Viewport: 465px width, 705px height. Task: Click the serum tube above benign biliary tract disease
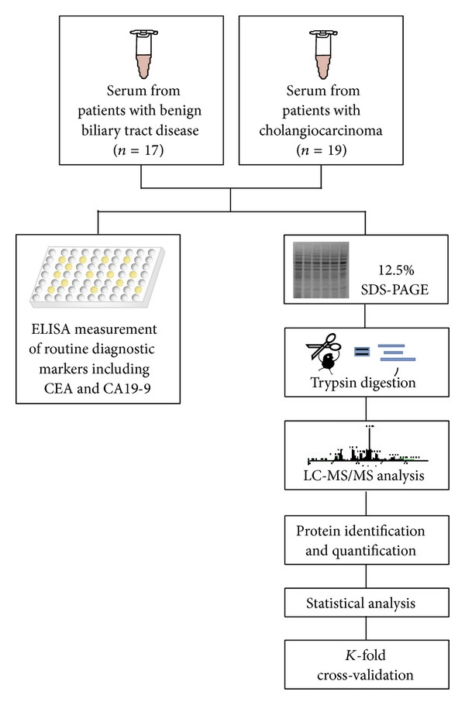coord(144,53)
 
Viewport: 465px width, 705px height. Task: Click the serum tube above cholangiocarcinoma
coord(324,53)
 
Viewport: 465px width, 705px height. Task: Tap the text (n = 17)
coord(139,150)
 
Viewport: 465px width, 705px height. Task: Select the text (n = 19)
coord(322,150)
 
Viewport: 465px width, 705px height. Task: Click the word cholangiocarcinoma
coord(321,130)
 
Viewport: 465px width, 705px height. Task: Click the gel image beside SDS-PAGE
coord(321,270)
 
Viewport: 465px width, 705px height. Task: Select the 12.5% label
coord(396,270)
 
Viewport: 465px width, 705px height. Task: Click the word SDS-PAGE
coord(394,290)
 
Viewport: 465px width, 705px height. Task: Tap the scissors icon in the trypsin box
coord(323,346)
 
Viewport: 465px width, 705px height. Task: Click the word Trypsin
coord(335,383)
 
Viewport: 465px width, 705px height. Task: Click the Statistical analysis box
coord(367,603)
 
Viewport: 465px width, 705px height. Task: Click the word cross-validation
coord(365,675)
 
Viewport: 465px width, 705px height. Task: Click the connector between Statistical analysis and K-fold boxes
coord(366,628)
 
